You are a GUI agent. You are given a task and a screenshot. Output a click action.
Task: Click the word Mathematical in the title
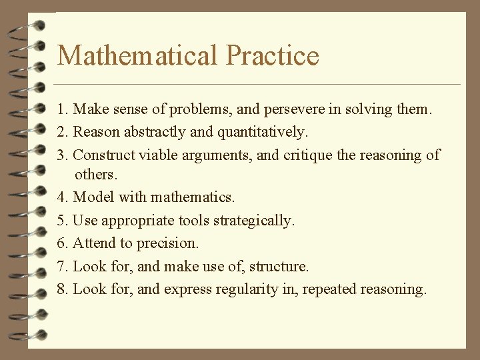[x=137, y=55]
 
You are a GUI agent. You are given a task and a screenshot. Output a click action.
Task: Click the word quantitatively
[x=263, y=132]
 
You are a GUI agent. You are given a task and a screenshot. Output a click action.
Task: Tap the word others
[x=96, y=175]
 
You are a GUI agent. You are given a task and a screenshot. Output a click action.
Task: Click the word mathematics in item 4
[x=193, y=197]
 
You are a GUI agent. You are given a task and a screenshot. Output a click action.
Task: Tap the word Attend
[x=94, y=243]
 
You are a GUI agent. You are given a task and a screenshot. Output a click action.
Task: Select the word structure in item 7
[x=279, y=267]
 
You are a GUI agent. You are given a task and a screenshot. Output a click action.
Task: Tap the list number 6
[x=61, y=243]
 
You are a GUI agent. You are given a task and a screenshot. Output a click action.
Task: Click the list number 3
[x=61, y=155]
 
